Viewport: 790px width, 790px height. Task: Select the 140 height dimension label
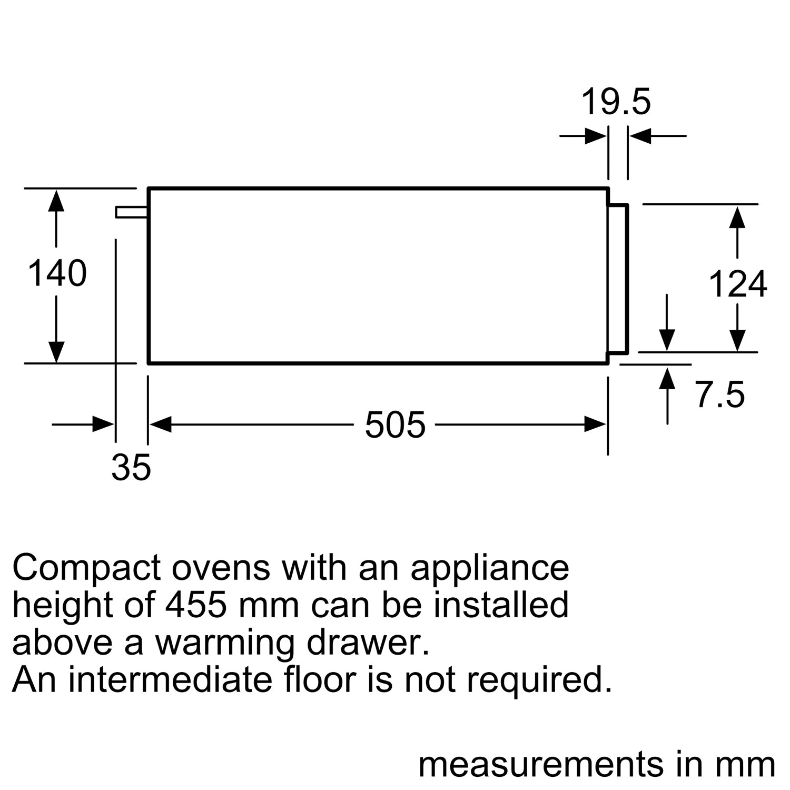(x=57, y=273)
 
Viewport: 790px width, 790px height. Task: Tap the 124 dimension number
(x=737, y=284)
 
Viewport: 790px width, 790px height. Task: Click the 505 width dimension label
(x=395, y=424)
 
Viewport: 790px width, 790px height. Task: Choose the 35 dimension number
(x=131, y=467)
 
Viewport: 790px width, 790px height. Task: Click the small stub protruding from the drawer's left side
(x=132, y=212)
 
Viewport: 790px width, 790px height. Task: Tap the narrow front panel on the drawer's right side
(x=618, y=278)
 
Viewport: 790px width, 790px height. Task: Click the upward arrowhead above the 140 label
(x=56, y=201)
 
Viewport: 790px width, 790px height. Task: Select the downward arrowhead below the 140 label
(x=56, y=352)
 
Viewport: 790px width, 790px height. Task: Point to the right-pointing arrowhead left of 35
(x=103, y=424)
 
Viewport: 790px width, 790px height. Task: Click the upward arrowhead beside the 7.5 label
(x=667, y=379)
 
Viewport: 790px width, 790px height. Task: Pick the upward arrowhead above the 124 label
(x=737, y=217)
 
